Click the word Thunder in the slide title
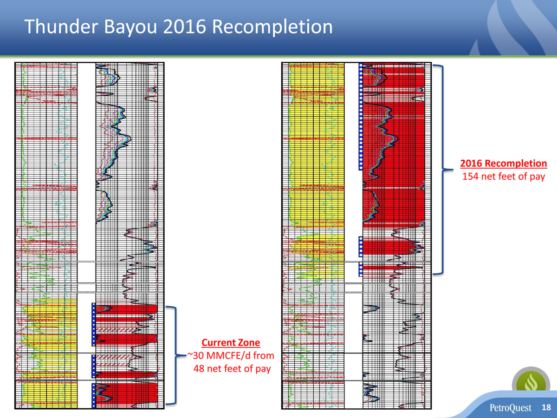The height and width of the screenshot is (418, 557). pos(61,26)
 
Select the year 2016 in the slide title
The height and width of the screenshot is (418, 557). pos(184,26)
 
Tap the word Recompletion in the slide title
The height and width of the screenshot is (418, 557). pos(272,27)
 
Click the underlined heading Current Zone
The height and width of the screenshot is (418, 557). pos(231,343)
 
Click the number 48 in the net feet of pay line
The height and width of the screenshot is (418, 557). pos(199,368)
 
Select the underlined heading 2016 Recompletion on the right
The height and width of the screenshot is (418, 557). pos(504,163)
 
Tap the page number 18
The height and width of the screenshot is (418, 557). pos(546,407)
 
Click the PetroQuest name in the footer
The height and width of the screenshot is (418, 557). pos(510,408)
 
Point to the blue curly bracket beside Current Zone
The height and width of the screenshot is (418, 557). pos(176,355)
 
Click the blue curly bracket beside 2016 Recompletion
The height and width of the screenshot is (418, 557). pos(443,169)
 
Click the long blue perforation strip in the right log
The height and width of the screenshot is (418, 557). pos(361,117)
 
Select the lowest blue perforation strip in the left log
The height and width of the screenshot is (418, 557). pos(94,395)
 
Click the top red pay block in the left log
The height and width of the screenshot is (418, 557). pos(126,308)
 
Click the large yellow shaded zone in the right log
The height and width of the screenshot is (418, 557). pos(317,144)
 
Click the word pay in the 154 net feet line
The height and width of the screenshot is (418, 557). pos(538,177)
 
